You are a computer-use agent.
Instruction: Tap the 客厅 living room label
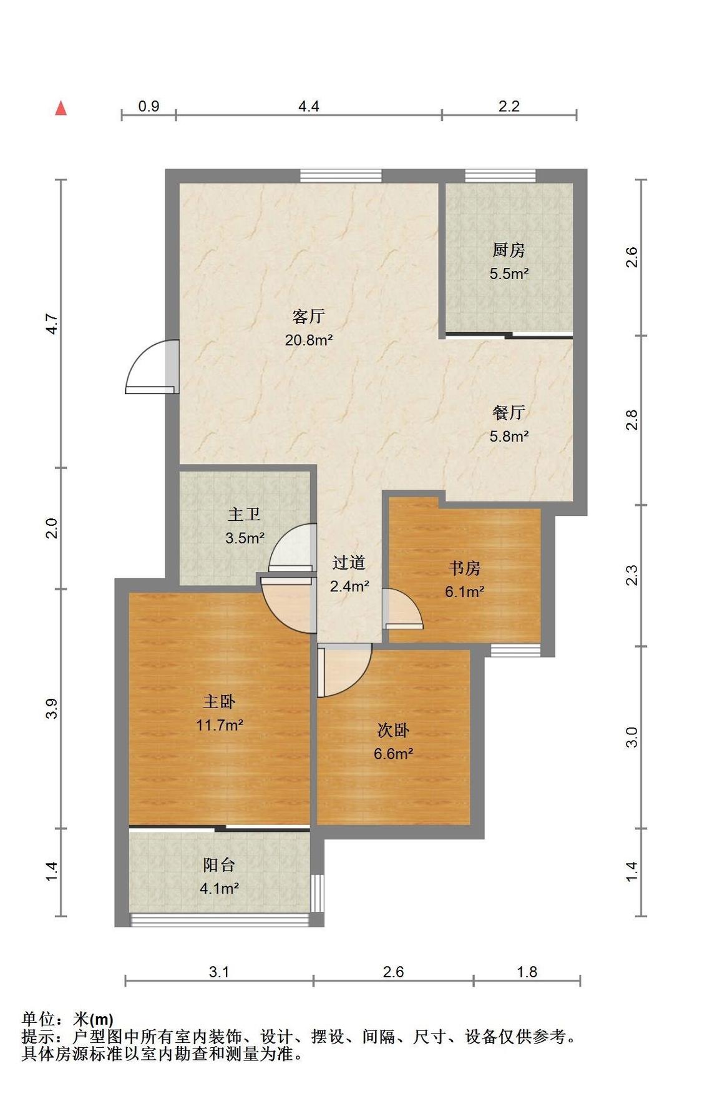(309, 317)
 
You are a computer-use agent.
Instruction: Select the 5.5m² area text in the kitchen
(509, 274)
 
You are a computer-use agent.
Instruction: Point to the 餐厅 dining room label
(509, 412)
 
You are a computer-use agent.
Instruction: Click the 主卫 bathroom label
(244, 515)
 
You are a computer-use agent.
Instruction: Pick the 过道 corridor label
(349, 563)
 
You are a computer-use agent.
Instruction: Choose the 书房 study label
(465, 568)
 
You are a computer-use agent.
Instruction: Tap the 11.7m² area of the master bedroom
(220, 725)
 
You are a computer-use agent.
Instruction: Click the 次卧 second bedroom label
(393, 730)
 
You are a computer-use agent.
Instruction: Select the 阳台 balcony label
(219, 865)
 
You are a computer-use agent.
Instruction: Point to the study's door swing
(402, 609)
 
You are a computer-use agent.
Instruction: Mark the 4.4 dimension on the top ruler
(308, 106)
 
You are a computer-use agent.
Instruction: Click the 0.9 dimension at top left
(149, 106)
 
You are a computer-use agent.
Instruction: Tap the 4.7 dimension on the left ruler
(52, 323)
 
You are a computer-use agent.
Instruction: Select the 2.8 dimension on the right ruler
(632, 420)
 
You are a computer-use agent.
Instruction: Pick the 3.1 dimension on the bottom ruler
(219, 972)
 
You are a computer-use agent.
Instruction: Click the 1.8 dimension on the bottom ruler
(527, 972)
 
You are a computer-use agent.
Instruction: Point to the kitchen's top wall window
(500, 175)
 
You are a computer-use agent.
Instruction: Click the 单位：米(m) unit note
(67, 1019)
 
